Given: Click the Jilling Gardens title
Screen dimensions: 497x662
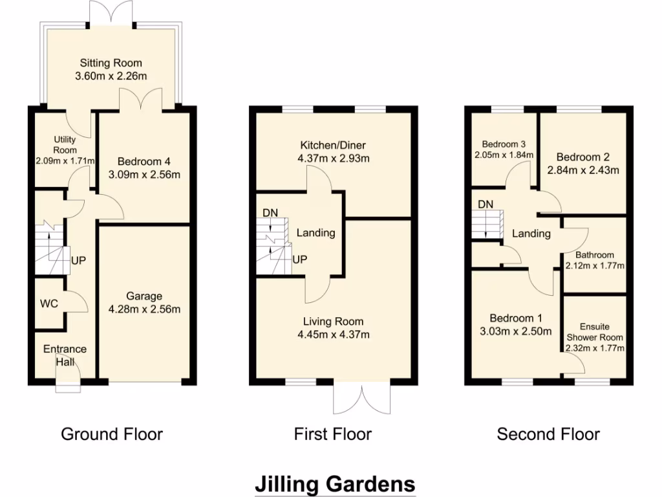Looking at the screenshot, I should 334,483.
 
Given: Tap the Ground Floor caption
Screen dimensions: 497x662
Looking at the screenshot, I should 112,434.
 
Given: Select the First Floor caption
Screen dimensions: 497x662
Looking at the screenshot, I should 333,434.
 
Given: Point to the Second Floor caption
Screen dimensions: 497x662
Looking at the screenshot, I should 548,434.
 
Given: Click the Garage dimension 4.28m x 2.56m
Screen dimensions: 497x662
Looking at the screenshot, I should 144,309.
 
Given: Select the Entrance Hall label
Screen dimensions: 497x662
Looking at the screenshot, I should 65,355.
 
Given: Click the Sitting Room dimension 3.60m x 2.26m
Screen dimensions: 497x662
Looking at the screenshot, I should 111,76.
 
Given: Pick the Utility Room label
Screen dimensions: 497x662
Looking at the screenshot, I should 65,144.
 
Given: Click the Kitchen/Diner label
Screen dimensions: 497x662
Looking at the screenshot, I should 332,145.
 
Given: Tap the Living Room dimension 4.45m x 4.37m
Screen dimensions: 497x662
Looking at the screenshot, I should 334,335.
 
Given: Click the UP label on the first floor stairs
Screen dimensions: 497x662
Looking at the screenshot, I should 299,259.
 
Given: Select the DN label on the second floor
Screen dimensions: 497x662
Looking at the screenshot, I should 486,204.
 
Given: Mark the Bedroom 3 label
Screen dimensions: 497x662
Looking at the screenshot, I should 504,144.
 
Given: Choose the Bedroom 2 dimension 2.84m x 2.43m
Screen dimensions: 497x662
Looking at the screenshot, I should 583,171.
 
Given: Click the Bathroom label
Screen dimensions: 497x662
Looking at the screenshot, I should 595,255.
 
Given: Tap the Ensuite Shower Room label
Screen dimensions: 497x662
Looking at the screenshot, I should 595,332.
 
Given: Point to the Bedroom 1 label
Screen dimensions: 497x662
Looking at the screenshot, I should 515,318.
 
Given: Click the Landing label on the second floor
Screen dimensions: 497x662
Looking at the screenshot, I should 531,234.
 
